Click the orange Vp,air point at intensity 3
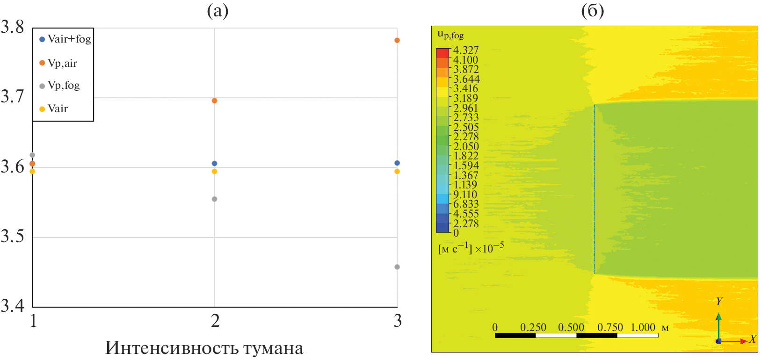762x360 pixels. (397, 40)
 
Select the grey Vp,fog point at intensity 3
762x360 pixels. (397, 267)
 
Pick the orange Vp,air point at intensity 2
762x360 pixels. (215, 101)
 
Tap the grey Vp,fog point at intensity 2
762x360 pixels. (215, 199)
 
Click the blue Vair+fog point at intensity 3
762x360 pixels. (397, 163)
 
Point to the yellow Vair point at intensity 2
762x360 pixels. (215, 171)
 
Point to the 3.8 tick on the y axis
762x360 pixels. (13, 27)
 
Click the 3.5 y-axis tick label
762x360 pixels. (13, 237)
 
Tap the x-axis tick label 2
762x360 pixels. (215, 321)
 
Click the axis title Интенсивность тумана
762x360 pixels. (204, 348)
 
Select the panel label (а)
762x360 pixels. (218, 10)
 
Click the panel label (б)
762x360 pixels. (592, 10)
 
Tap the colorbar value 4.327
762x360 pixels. (466, 50)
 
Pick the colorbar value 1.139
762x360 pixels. (466, 185)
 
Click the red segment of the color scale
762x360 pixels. (443, 53)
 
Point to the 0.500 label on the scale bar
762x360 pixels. (571, 327)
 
